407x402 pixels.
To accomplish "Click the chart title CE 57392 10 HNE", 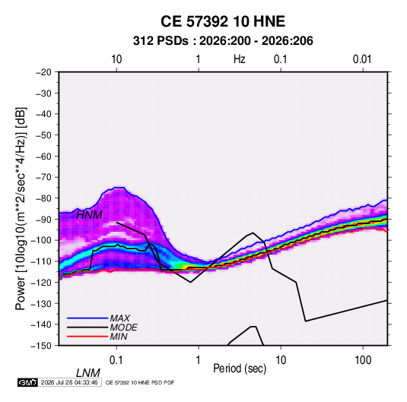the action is pos(223,21).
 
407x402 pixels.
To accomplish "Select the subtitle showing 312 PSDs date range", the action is pos(223,41).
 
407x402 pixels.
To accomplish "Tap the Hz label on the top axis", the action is pos(239,59).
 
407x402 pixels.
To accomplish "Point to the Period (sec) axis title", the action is pos(240,369).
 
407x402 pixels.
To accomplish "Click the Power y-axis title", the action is pos(21,209).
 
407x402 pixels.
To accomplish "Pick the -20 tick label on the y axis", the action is pos(43,72).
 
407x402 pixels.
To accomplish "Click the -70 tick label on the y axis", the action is pos(43,177).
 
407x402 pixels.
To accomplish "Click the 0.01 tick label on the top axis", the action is pos(362,59).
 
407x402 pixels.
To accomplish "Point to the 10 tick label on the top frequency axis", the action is pos(116,59).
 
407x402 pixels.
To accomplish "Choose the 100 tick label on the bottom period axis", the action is pos(363,360).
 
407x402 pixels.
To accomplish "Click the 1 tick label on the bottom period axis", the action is pos(199,360).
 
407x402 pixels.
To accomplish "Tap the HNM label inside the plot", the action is pos(89,215).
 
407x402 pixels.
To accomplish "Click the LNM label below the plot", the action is pos(87,373).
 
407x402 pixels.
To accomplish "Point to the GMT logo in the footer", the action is pos(28,382).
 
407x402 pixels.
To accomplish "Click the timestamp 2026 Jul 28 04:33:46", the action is pos(69,382).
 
